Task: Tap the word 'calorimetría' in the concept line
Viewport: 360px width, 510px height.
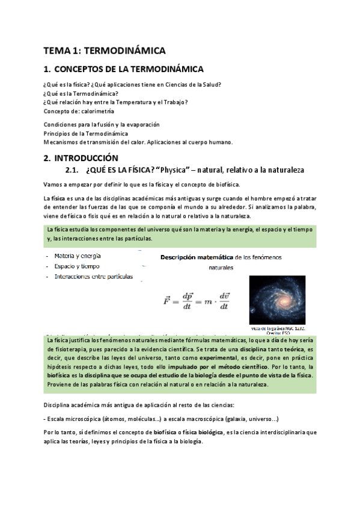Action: (x=96, y=111)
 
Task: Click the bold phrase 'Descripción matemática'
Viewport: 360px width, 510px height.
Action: (x=196, y=257)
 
